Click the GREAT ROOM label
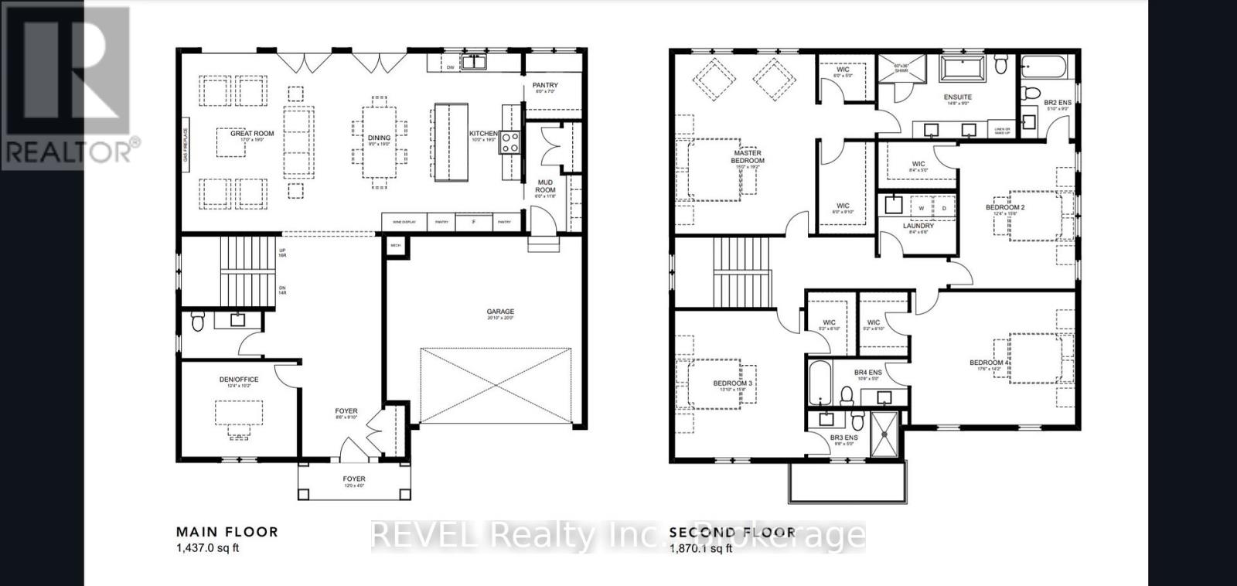(252, 134)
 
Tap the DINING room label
(379, 138)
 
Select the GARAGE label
(500, 312)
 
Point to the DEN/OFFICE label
(239, 380)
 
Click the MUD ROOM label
(546, 186)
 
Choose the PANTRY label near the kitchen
(545, 85)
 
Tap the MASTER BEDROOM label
(748, 157)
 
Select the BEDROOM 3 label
(734, 383)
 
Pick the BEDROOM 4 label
(988, 363)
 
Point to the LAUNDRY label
(918, 226)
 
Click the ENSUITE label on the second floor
(957, 97)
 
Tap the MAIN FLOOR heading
(227, 532)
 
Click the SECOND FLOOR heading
(731, 532)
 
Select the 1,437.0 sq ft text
(208, 549)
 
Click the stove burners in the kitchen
(511, 141)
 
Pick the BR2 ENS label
(1058, 102)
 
